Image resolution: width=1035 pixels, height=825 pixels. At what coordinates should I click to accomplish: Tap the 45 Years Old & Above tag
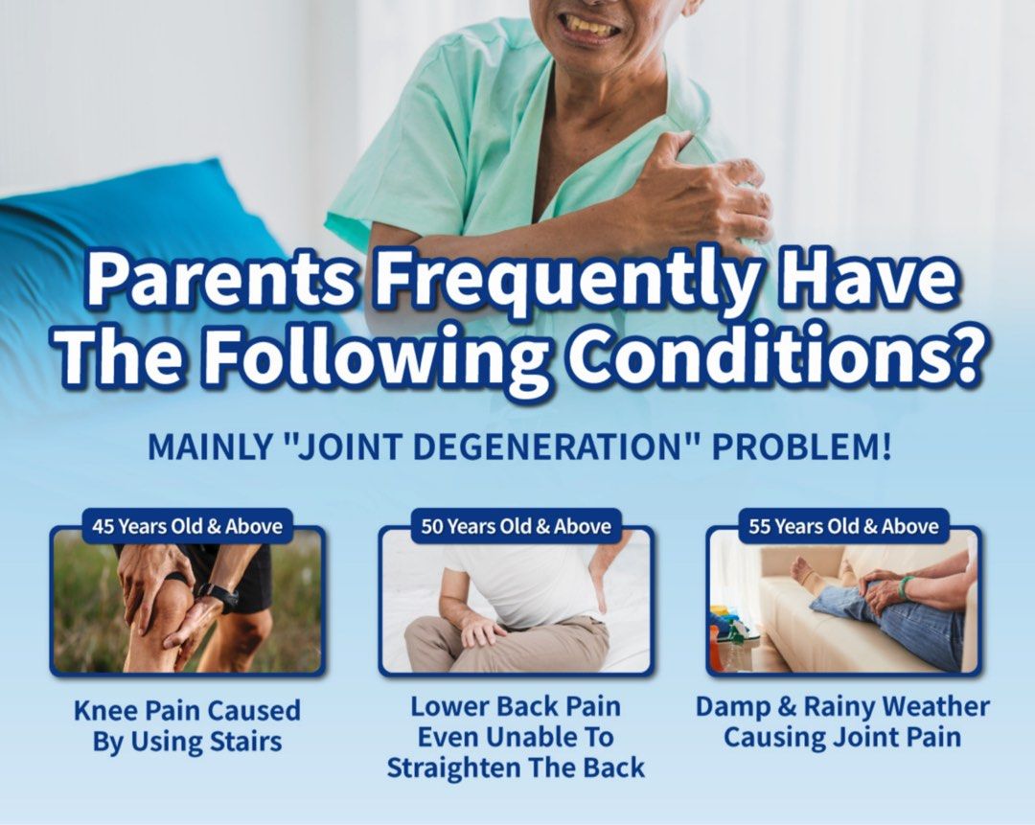[x=188, y=526]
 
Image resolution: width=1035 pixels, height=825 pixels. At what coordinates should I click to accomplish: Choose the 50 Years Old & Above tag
[x=517, y=526]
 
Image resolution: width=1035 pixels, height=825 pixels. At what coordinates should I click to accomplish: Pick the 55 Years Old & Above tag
[x=843, y=526]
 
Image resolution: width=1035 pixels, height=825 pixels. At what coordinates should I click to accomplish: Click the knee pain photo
[x=188, y=601]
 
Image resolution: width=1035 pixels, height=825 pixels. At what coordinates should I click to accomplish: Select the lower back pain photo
[x=517, y=601]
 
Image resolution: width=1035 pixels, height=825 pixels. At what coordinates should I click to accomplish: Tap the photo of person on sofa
[x=843, y=601]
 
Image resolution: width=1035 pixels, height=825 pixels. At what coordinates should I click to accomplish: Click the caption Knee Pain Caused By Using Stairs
[x=188, y=726]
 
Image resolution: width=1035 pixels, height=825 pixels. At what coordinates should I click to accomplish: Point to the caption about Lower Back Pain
[x=517, y=737]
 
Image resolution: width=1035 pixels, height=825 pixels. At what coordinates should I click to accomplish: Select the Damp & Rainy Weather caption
[x=843, y=722]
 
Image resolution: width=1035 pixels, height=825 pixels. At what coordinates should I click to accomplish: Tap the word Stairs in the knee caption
[x=245, y=742]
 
